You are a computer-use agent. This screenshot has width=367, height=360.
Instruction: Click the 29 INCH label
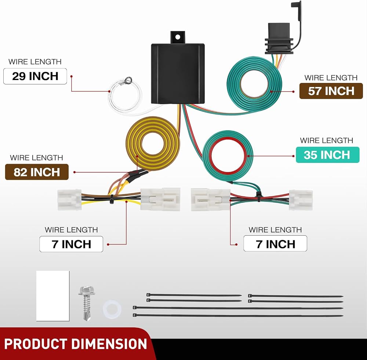[35, 76]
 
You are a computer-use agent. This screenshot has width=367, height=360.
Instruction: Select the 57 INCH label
[331, 91]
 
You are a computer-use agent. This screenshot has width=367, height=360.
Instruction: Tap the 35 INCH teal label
[327, 155]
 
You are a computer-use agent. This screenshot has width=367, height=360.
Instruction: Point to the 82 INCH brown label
[37, 172]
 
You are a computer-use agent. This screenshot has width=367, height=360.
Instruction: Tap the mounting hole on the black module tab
[178, 37]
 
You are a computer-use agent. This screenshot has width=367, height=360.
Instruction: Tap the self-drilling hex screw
[86, 303]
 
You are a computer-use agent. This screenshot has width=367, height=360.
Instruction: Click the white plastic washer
[112, 309]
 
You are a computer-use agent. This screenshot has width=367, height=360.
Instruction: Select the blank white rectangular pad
[53, 296]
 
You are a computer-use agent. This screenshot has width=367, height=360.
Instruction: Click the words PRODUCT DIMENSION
[75, 344]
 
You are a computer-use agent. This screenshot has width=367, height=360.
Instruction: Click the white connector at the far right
[301, 200]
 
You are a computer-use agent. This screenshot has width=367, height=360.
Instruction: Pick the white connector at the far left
[69, 200]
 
